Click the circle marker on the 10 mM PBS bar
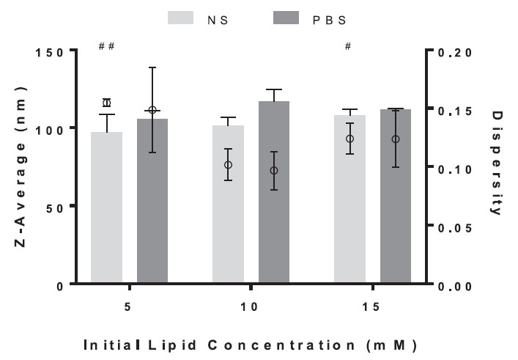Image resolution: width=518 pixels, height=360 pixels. click(x=274, y=171)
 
